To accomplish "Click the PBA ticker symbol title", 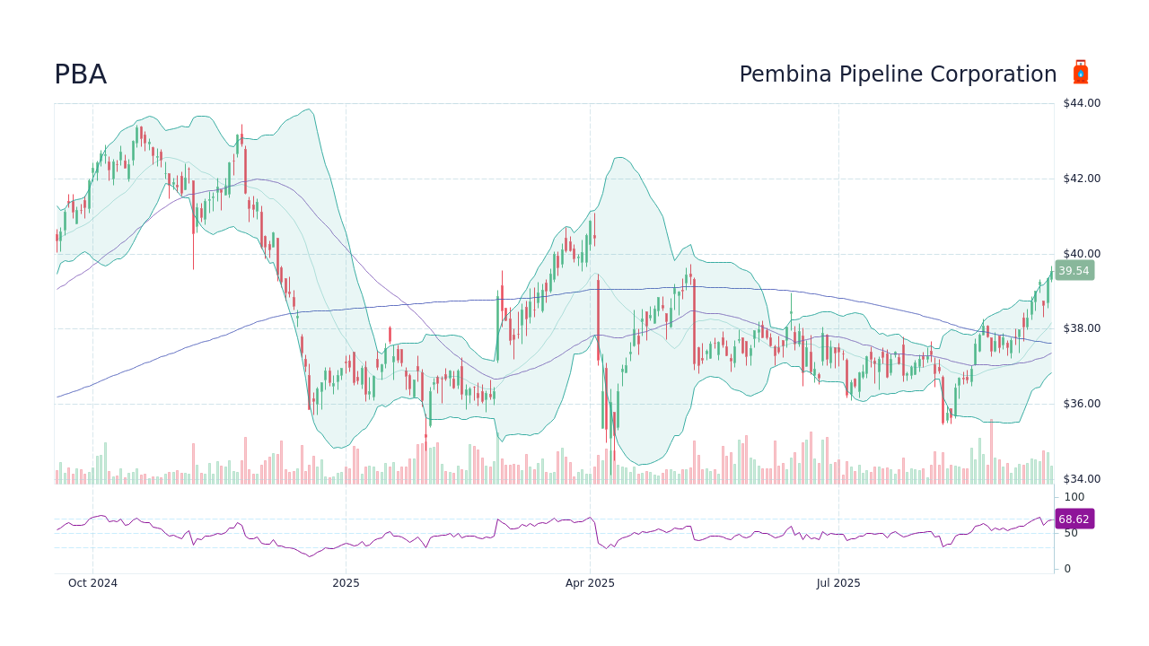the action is [x=81, y=74].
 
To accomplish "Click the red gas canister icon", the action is [x=1080, y=73].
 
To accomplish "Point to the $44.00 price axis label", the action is [x=1082, y=103].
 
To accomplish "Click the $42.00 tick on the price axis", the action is [x=1082, y=179].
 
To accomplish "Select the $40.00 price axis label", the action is [x=1082, y=254].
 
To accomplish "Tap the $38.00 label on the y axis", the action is [x=1082, y=328].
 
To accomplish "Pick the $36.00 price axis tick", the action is [x=1082, y=404].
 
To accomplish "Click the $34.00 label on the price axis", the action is [x=1082, y=479].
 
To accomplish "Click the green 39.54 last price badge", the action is [x=1074, y=271].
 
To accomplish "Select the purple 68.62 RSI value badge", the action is [x=1074, y=519].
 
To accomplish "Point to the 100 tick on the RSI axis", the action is [x=1074, y=497].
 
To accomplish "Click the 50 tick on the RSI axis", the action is [x=1071, y=533].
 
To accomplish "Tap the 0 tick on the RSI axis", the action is [x=1067, y=569].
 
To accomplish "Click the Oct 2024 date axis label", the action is [x=92, y=583].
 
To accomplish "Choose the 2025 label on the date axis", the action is [x=346, y=583].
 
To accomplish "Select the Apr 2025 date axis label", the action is [x=590, y=583].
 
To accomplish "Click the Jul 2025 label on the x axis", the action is [x=838, y=583].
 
